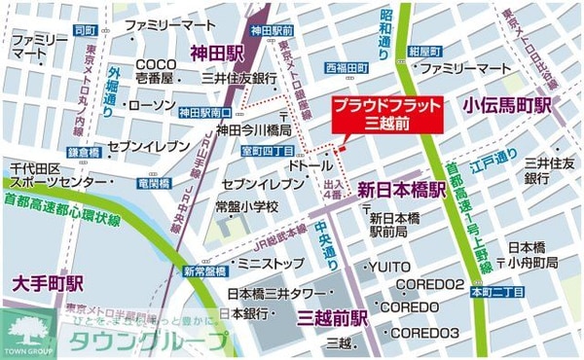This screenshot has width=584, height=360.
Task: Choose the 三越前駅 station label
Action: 331,318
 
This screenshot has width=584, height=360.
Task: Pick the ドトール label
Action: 310,167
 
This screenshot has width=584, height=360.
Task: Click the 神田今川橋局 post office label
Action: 254,129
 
